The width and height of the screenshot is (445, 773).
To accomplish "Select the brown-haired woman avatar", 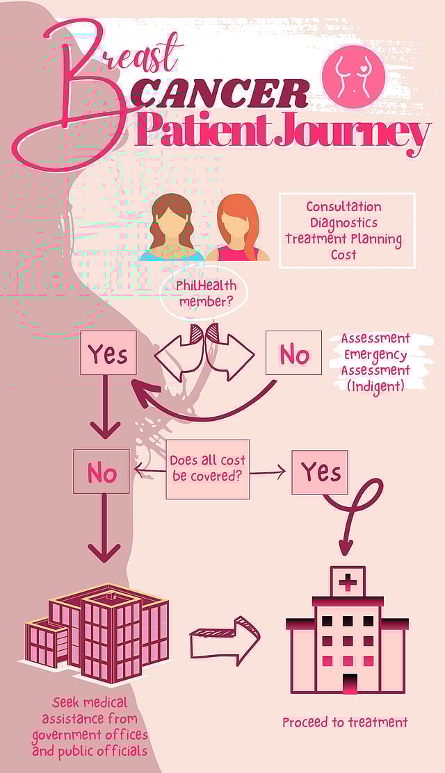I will pyautogui.click(x=171, y=228).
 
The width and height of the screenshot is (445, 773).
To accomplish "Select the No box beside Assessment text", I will pyautogui.click(x=293, y=354).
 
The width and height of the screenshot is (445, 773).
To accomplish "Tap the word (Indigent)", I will pyautogui.click(x=375, y=386).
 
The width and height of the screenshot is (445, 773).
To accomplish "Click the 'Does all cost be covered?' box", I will pyautogui.click(x=207, y=469).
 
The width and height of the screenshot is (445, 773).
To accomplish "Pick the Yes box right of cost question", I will pyautogui.click(x=320, y=472).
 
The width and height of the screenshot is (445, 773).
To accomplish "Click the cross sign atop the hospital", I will pyautogui.click(x=346, y=581).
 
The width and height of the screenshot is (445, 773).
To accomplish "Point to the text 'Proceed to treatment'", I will pyautogui.click(x=344, y=723).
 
